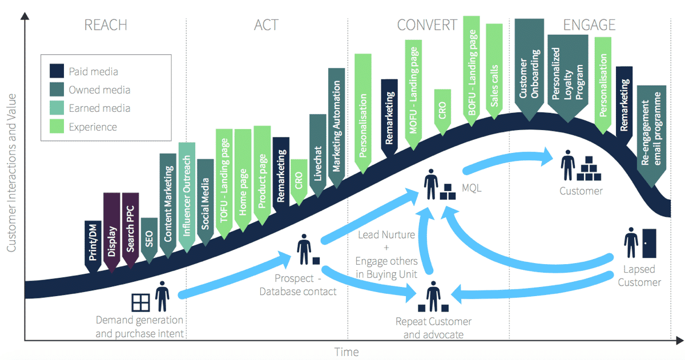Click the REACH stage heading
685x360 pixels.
106,25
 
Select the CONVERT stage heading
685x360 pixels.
427,25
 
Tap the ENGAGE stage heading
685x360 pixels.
589,25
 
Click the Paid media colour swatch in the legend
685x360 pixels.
56,71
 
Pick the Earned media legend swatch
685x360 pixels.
56,108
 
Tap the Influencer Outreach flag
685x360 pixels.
187,197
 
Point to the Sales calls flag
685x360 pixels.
494,68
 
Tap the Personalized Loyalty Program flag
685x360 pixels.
567,74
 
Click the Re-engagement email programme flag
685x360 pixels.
652,134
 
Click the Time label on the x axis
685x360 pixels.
346,351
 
